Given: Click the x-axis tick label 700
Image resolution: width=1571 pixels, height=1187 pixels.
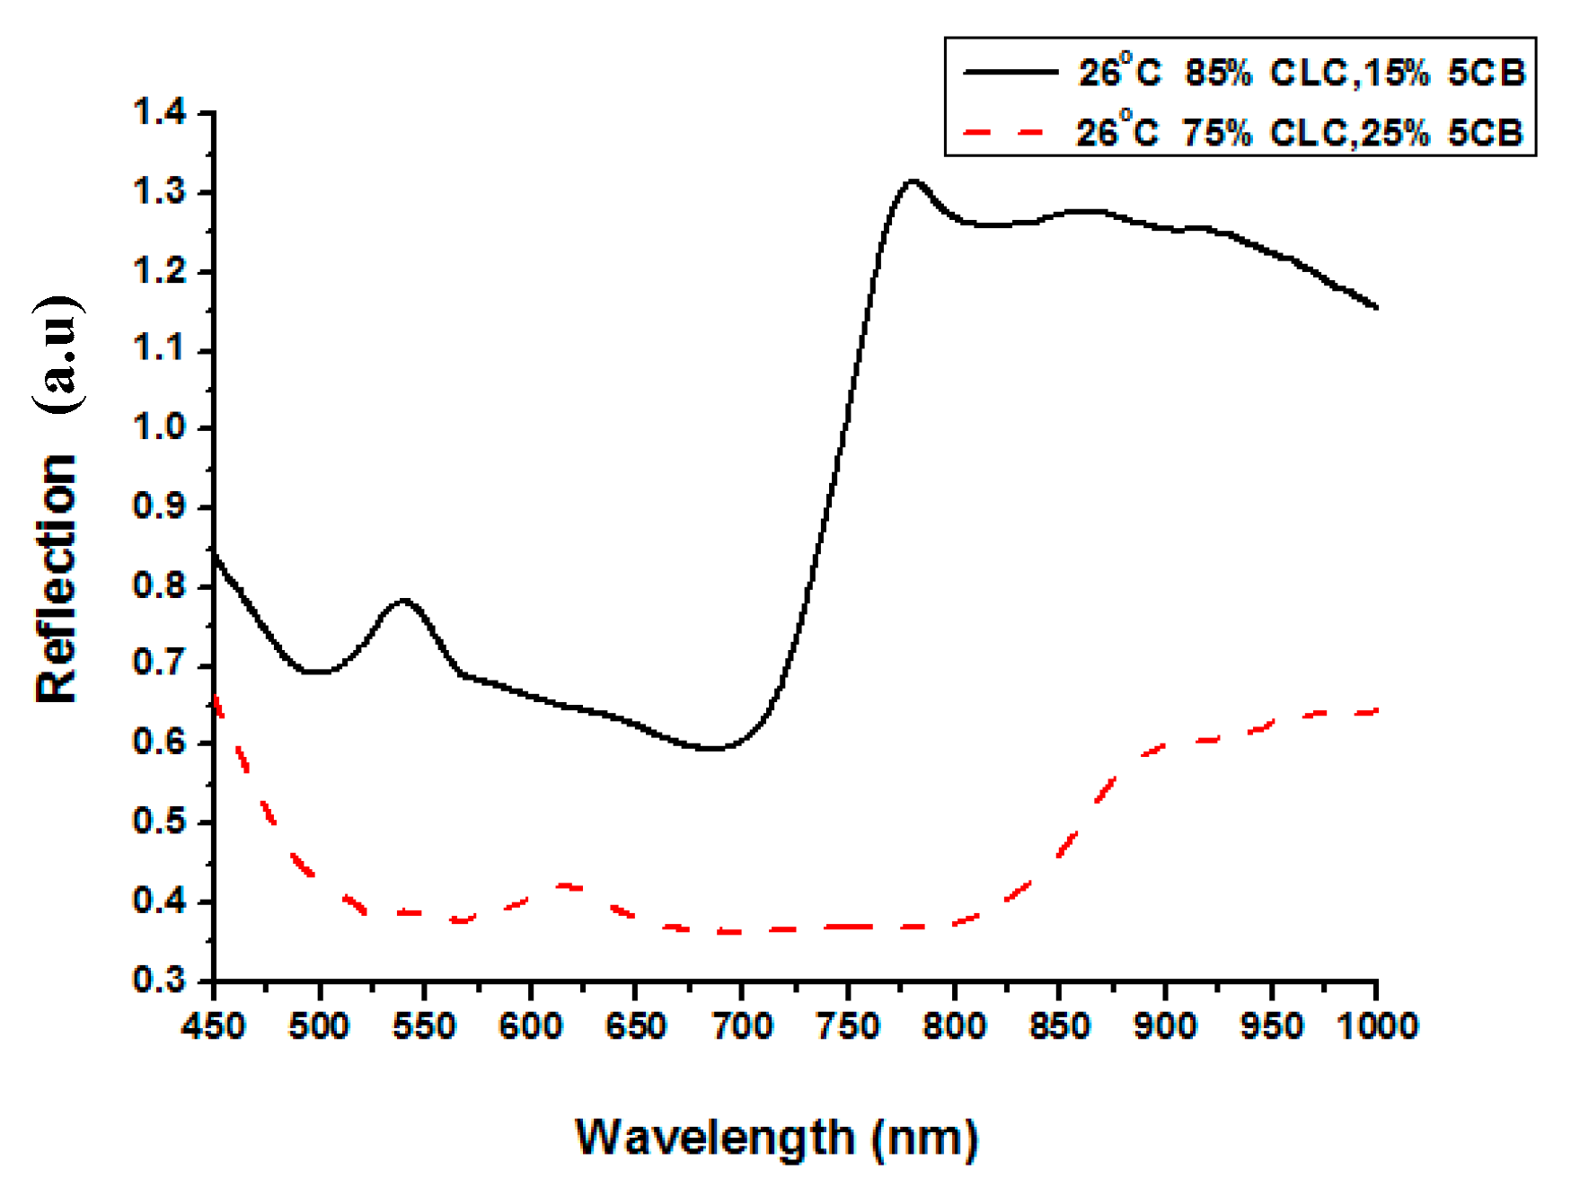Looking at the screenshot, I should tap(742, 1025).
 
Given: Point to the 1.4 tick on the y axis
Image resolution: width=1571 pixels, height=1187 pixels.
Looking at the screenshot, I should tap(160, 112).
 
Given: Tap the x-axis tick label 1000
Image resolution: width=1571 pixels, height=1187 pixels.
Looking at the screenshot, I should tap(1376, 1025).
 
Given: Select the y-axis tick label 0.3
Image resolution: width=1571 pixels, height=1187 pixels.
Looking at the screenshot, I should tap(160, 980).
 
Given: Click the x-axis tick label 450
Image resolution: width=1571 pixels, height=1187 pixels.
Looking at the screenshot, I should tap(213, 1025).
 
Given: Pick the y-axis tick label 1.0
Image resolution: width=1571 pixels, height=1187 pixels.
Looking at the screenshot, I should tap(160, 427).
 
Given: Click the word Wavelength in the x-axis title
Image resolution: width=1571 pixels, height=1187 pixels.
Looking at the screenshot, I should tap(714, 1138).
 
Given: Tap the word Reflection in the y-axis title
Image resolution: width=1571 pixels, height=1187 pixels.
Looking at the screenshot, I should tap(57, 578).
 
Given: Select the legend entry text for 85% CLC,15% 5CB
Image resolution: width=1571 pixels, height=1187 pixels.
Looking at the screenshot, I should tap(1301, 73).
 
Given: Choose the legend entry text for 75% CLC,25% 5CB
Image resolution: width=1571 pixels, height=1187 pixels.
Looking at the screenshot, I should tap(1301, 133).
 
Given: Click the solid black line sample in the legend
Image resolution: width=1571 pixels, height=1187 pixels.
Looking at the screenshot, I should tap(1010, 72).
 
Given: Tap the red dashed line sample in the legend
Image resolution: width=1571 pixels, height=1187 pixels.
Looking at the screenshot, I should tap(1004, 133).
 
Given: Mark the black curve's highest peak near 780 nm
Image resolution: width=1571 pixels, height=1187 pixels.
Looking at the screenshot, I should tap(913, 181).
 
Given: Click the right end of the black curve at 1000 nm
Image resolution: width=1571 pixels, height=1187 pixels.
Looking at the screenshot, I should tap(1375, 307).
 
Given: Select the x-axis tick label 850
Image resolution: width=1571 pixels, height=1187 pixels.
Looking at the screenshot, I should tap(1059, 1025).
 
